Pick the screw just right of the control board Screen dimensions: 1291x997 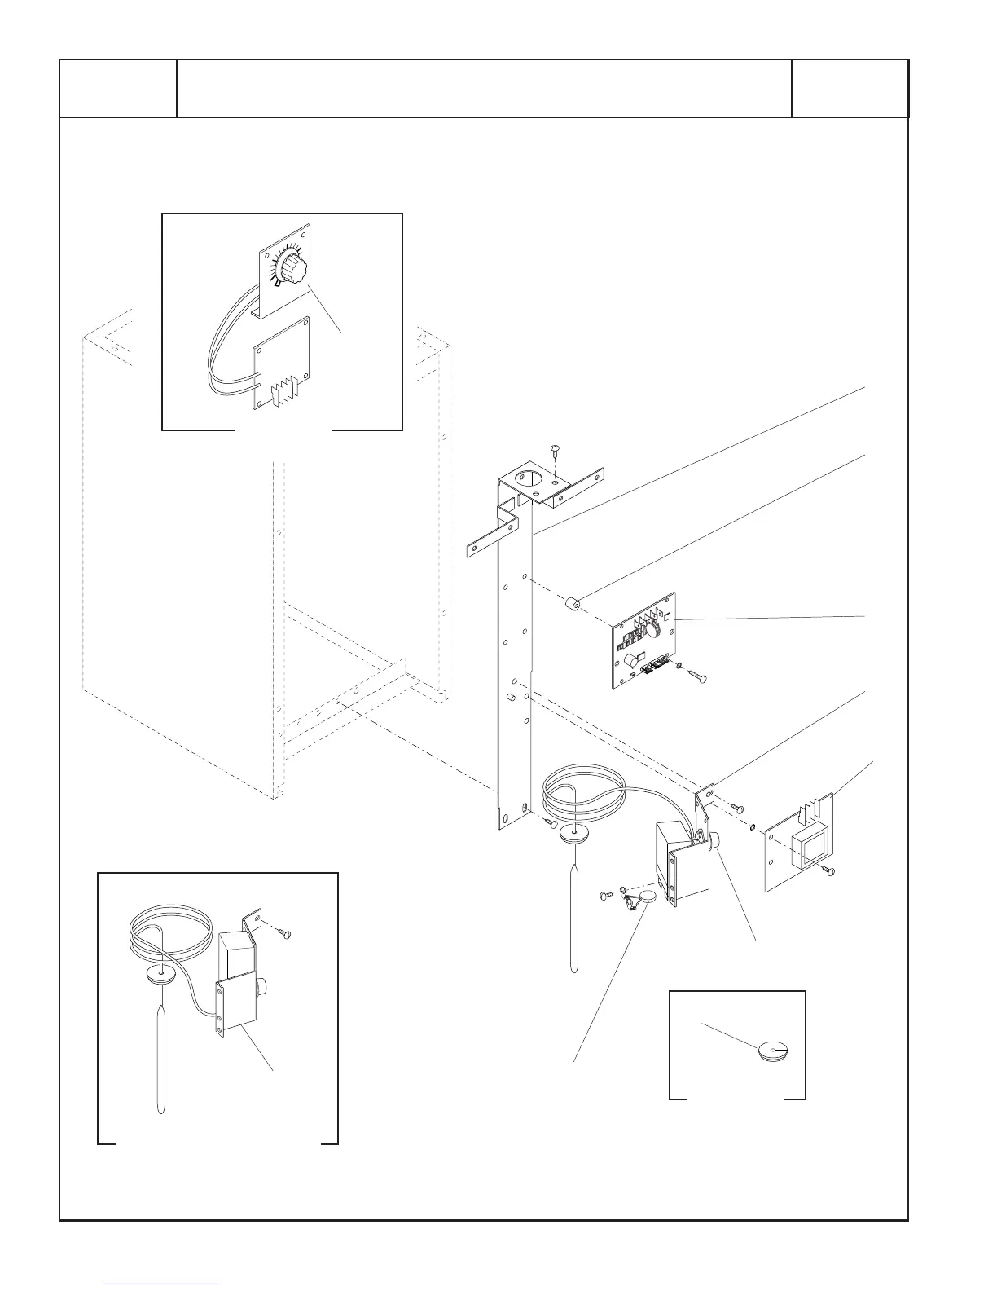(696, 676)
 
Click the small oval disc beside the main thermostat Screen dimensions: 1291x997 (647, 898)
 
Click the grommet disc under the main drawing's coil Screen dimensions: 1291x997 (576, 832)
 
